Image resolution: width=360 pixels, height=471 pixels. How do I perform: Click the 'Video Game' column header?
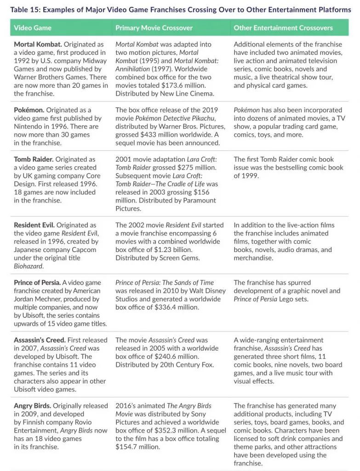coord(33,28)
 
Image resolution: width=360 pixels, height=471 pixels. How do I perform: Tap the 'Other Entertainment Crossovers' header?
coord(283,28)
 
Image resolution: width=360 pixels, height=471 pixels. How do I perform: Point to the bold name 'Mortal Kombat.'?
coord(37,44)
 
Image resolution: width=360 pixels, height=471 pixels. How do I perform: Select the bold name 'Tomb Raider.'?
coord(34,159)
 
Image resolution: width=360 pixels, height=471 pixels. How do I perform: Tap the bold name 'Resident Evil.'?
coord(34,225)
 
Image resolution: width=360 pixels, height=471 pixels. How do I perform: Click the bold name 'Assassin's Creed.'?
coord(40,340)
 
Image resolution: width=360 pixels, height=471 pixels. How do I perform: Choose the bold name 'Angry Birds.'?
coord(32,406)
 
